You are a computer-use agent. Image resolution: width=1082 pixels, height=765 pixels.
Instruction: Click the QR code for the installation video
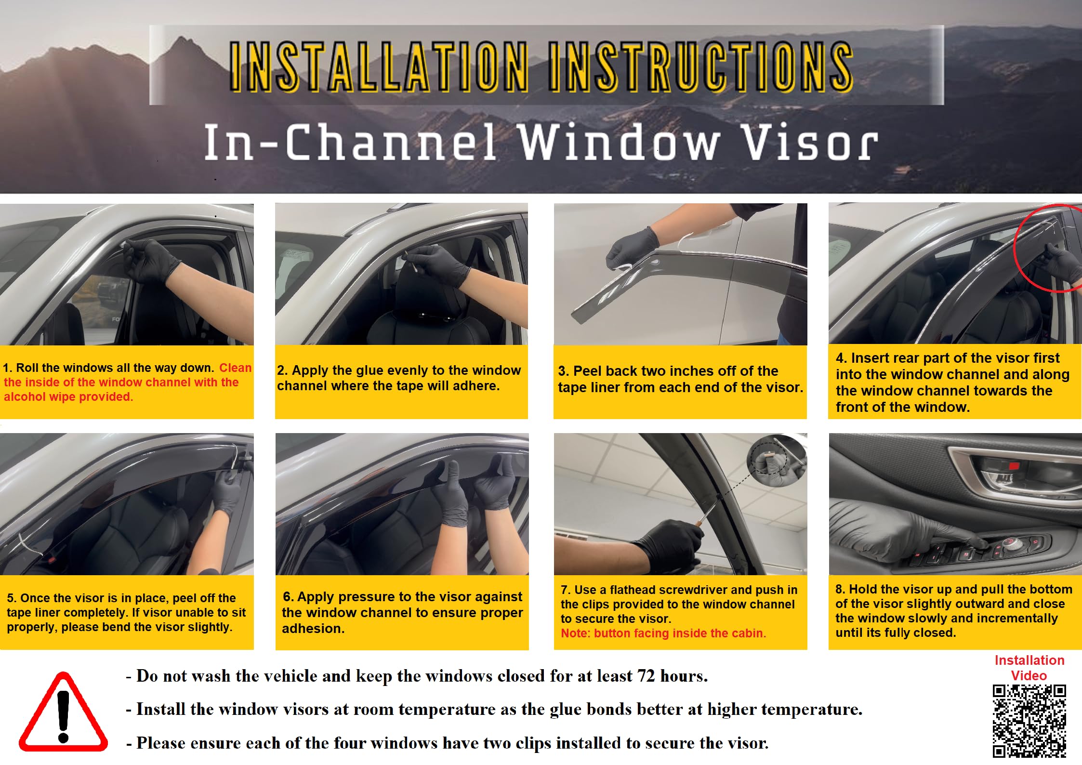(x=1029, y=721)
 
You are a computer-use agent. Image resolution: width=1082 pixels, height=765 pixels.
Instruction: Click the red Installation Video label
(x=1029, y=668)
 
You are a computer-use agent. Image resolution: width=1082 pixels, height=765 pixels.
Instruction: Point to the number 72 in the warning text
(x=646, y=676)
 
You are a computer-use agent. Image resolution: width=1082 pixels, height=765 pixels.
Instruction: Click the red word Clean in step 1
(x=235, y=368)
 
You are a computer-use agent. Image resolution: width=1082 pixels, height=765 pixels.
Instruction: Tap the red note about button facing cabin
(x=663, y=633)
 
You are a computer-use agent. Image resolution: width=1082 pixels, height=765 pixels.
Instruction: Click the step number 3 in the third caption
(x=562, y=371)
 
